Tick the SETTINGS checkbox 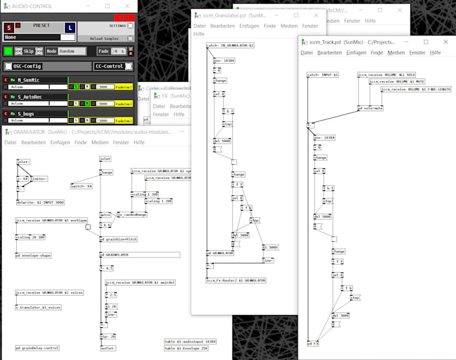point(130,27)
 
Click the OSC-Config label point(27,66)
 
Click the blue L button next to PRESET point(70,27)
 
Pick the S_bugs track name point(29,114)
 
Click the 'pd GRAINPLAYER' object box point(115,255)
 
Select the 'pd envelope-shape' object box point(34,255)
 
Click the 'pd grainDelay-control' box point(38,348)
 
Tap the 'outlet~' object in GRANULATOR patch point(108,348)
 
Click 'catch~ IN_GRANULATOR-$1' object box point(231,46)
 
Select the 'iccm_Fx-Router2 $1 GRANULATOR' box point(236,280)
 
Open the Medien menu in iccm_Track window point(396,52)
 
